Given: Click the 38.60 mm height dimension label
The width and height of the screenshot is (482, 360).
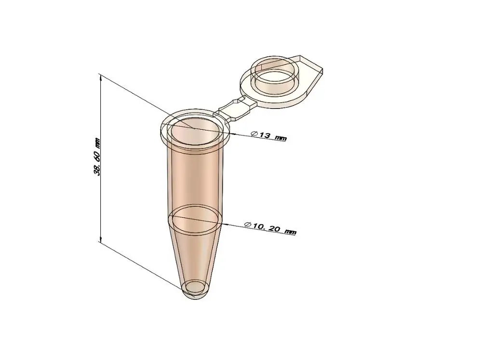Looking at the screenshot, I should pyautogui.click(x=97, y=157).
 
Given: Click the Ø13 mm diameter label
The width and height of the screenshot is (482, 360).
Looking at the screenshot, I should pyautogui.click(x=268, y=136).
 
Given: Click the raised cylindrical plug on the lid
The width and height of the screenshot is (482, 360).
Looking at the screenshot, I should pyautogui.click(x=276, y=76).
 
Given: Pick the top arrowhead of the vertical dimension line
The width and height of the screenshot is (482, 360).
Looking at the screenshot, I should pyautogui.click(x=100, y=76).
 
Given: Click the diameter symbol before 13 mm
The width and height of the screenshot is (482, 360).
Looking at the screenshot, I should pyautogui.click(x=254, y=133).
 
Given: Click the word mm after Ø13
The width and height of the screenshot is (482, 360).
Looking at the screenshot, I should pyautogui.click(x=280, y=138).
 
